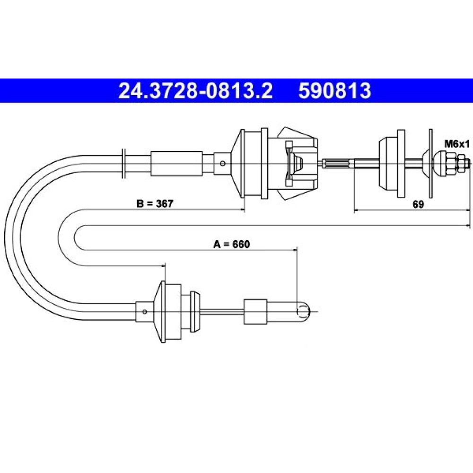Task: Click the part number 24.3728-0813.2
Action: [x=195, y=91]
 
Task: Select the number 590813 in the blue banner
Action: [x=334, y=91]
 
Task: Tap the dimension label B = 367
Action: [x=155, y=203]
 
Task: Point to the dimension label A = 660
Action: [x=232, y=244]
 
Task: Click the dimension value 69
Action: [x=418, y=204]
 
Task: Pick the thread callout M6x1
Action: [x=457, y=144]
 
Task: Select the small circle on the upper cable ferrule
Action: [x=222, y=164]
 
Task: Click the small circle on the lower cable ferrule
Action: [x=144, y=311]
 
